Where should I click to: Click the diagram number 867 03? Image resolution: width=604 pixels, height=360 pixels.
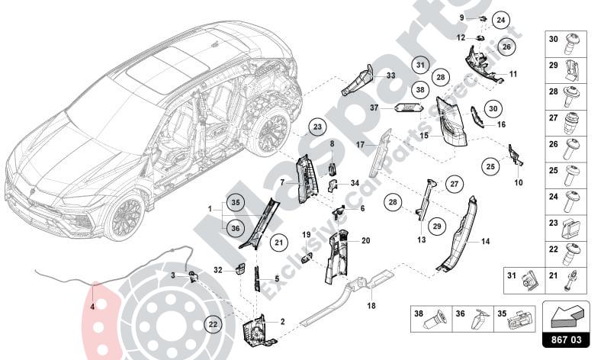(x=564, y=340)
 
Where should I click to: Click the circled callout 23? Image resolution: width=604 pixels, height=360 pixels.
(x=318, y=127)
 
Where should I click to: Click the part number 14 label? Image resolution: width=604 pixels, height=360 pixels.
(x=485, y=240)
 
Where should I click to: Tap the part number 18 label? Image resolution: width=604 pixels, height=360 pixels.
(x=371, y=307)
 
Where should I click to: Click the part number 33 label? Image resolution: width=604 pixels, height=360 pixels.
(x=390, y=76)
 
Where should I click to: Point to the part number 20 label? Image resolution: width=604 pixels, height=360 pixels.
(x=365, y=240)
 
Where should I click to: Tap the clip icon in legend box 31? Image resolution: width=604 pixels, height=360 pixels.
(x=526, y=282)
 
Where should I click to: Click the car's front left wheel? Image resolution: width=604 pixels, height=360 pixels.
(x=126, y=216)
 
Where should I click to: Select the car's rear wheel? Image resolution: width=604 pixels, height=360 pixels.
(x=268, y=131)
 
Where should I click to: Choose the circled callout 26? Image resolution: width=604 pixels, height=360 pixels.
(x=507, y=47)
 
